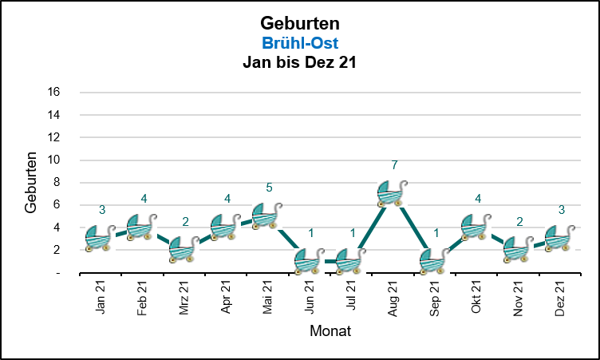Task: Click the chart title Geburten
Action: pos(300,22)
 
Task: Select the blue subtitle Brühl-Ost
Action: pos(300,42)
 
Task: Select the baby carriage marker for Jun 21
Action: pos(310,260)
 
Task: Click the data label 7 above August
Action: pos(394,165)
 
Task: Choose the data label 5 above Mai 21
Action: pos(269,188)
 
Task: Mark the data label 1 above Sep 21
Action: pos(436,233)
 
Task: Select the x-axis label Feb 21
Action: pos(142,298)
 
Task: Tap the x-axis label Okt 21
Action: pos(476,298)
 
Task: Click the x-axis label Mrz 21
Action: pos(184,298)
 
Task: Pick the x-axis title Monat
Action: pos(331,330)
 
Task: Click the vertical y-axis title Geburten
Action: pos(31,182)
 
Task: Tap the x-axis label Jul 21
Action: pos(351,297)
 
